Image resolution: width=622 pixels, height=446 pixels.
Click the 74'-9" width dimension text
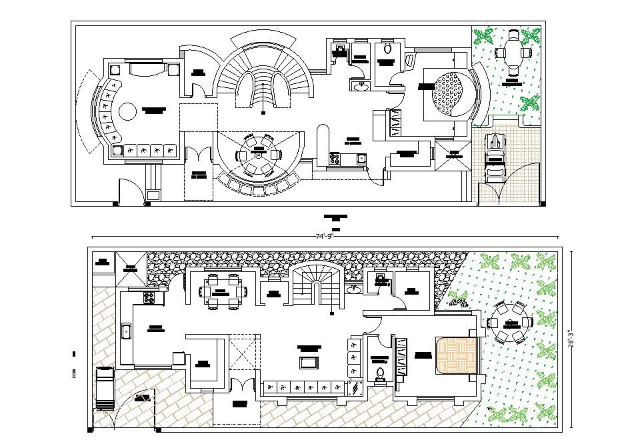pos(324,235)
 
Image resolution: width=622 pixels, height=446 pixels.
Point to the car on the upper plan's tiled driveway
pos(495,157)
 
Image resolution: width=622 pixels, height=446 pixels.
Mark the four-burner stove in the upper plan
pos(335,158)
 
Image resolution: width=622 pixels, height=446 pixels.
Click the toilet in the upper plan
pos(387,49)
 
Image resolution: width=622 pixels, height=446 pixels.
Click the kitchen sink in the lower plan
pos(127,330)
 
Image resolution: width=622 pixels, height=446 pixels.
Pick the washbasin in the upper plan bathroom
pos(361,85)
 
